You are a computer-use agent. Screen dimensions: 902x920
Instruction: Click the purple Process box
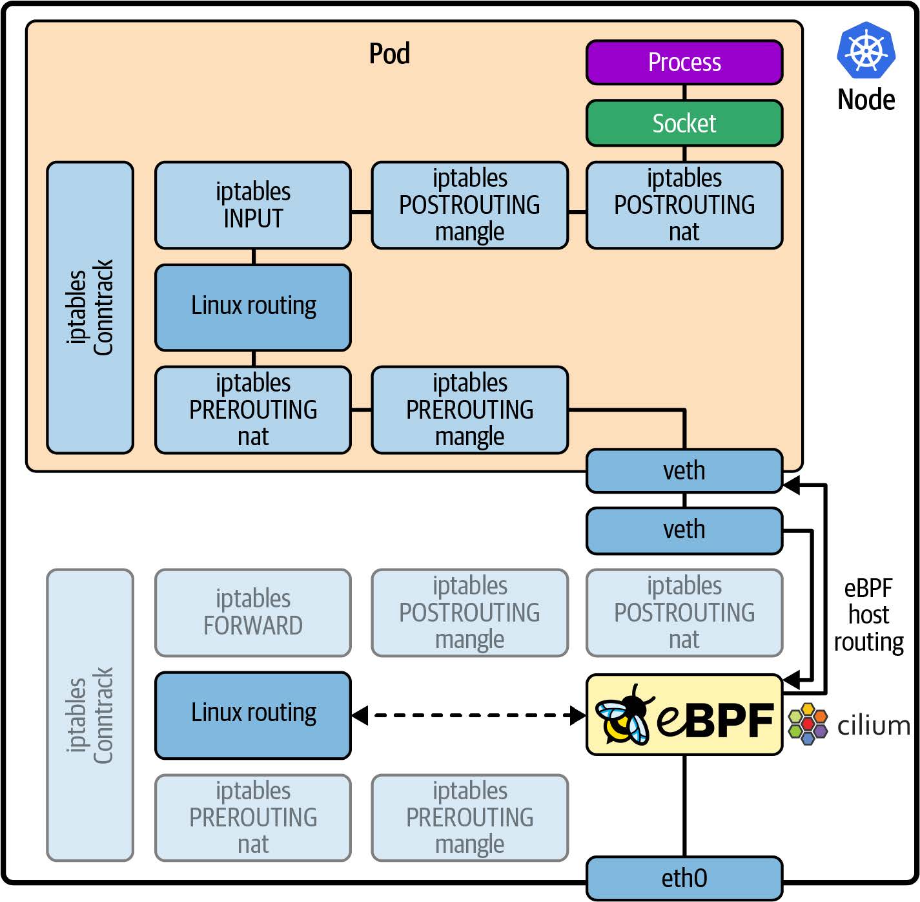click(x=684, y=63)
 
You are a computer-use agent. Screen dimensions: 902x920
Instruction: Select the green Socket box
click(x=684, y=123)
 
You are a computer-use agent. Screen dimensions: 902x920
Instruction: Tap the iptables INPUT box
click(x=253, y=205)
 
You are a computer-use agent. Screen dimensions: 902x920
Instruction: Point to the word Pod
click(x=389, y=54)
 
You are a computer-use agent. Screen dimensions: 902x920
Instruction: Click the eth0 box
click(x=684, y=878)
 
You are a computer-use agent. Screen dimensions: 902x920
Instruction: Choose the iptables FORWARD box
click(x=253, y=613)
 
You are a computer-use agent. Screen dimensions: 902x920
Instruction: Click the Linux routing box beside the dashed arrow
click(x=253, y=715)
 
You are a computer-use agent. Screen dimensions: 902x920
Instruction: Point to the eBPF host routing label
click(x=868, y=615)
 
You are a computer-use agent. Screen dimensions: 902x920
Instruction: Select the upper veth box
click(x=684, y=471)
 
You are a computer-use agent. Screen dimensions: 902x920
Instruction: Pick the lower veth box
click(x=684, y=530)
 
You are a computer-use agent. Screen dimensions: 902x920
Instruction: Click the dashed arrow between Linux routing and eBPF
click(x=469, y=715)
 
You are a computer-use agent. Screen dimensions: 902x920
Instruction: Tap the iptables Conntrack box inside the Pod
click(x=90, y=308)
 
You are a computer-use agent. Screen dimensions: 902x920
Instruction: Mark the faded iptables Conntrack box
click(x=90, y=715)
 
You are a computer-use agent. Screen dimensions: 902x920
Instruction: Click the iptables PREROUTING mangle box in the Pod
click(x=470, y=410)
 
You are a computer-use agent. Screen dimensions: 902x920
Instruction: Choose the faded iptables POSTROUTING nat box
click(x=684, y=613)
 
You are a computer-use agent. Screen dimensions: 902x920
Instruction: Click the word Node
click(x=866, y=100)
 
